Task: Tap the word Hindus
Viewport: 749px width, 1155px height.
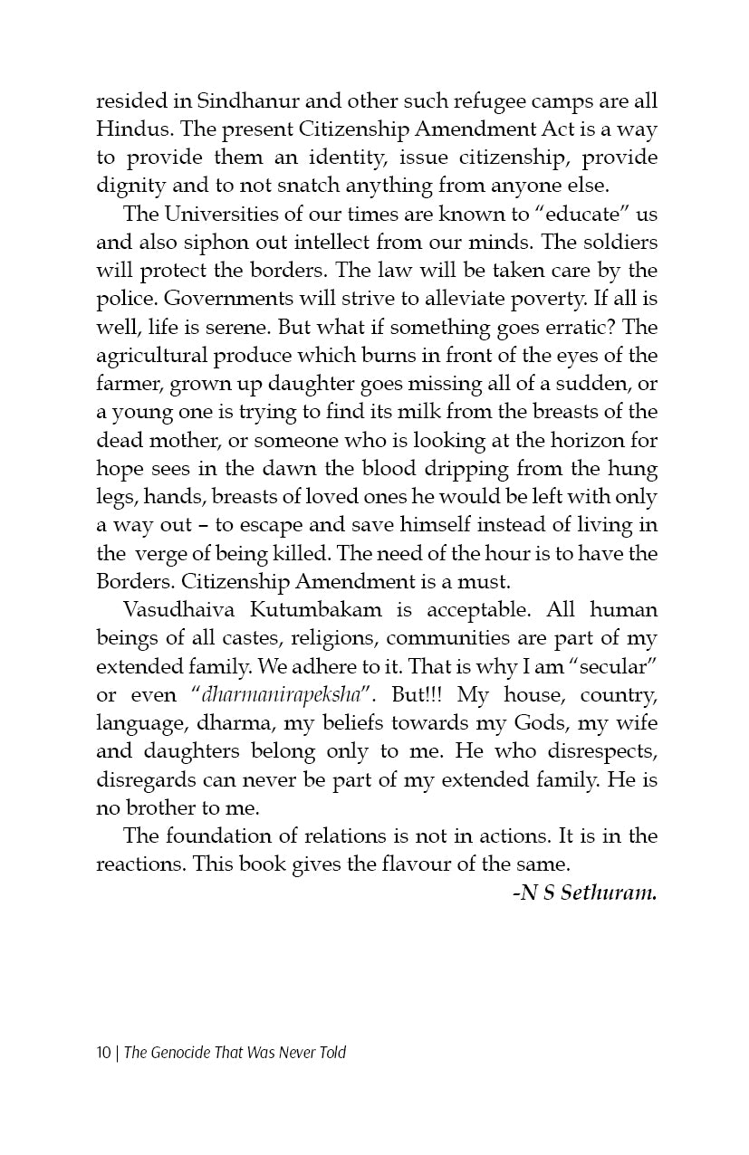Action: pos(130,129)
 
